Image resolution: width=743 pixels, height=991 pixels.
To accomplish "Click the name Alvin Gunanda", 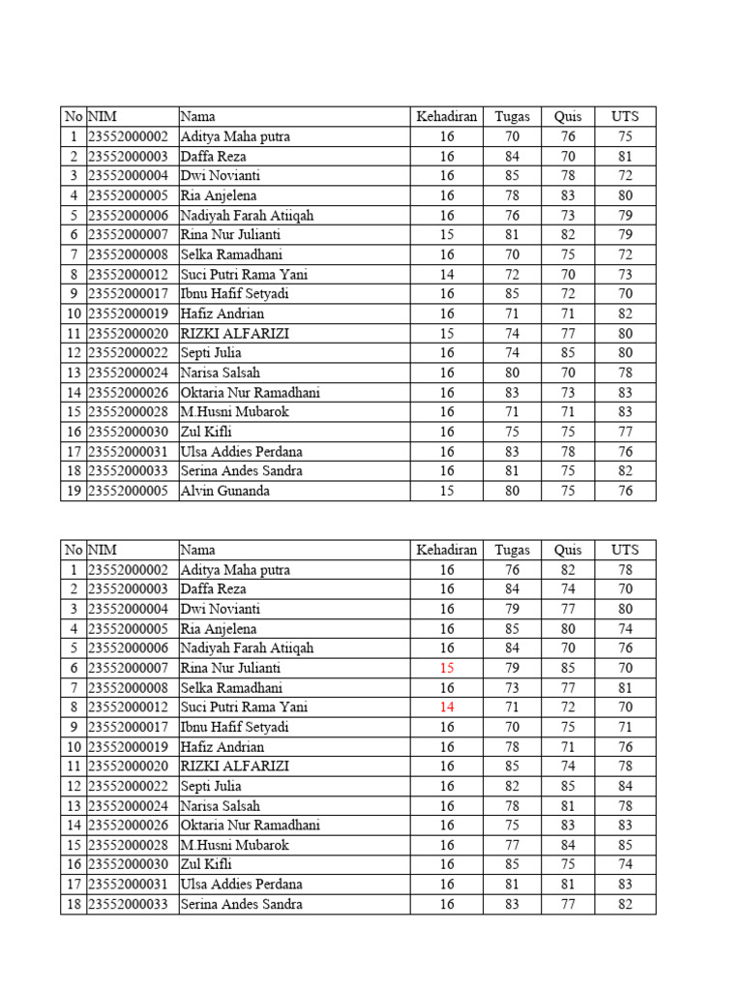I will tap(225, 491).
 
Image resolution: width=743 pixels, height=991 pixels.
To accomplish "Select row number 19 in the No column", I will tap(74, 491).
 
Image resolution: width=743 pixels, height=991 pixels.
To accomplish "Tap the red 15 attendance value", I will tap(446, 668).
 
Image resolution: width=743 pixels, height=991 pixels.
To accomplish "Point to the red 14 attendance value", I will tap(446, 707).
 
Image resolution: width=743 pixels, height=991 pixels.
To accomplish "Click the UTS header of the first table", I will tap(625, 117).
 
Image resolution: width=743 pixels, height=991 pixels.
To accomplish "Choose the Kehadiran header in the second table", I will tap(446, 550).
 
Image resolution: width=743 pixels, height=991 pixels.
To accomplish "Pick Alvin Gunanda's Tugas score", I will tap(512, 491).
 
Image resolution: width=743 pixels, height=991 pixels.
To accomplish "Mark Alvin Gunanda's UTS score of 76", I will tap(625, 491).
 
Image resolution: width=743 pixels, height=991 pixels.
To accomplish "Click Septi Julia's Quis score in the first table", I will tap(568, 353).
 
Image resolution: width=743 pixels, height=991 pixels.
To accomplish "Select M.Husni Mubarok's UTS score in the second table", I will tap(625, 845).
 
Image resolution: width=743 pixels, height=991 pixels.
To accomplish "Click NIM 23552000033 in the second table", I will tap(129, 904).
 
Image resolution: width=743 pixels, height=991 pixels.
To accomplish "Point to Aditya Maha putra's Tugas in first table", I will tap(512, 136).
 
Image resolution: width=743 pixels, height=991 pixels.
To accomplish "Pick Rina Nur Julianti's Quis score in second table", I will tap(568, 668).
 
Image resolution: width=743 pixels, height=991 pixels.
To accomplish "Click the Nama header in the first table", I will tap(197, 117).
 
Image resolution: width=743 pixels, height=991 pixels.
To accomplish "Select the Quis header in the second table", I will tap(568, 550).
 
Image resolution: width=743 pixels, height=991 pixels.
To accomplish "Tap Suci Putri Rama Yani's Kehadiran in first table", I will tap(446, 275).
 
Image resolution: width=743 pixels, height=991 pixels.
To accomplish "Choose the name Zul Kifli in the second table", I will tap(206, 864).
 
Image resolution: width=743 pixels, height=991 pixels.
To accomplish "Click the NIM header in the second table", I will tap(104, 550).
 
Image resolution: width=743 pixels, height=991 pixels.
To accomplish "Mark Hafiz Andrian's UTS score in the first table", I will tap(625, 314).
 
